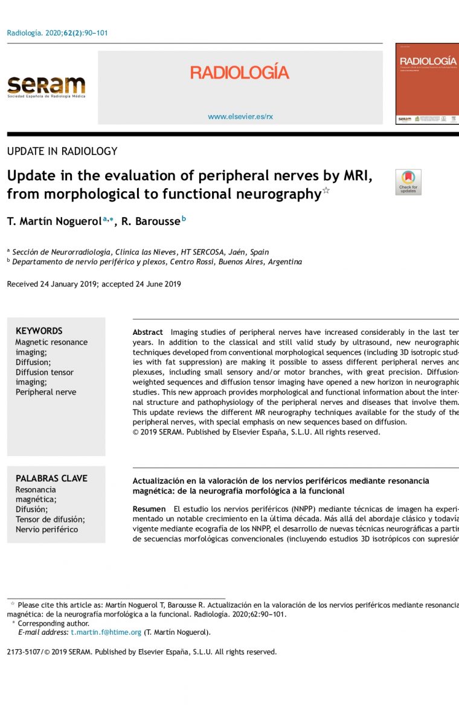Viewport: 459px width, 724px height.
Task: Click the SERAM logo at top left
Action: point(46,86)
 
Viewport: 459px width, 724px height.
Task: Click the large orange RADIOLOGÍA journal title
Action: point(240,73)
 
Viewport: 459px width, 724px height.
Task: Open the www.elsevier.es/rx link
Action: point(240,116)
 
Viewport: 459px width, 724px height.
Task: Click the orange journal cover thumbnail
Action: point(427,83)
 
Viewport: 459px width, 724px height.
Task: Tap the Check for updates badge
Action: point(408,182)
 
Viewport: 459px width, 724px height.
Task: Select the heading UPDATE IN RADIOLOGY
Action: point(62,151)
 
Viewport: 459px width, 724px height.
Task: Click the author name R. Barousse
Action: point(150,222)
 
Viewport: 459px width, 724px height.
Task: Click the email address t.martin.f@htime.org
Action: point(106,632)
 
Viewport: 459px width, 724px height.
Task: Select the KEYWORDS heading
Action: point(39,331)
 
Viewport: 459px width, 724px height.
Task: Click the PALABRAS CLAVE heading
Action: point(51,478)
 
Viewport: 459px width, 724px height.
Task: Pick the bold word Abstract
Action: point(148,332)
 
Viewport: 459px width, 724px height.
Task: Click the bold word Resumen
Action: point(149,509)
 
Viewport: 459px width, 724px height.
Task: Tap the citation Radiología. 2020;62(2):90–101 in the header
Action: point(57,33)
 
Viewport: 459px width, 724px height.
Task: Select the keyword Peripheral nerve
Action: point(46,392)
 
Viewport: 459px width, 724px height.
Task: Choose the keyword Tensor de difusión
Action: point(50,519)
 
